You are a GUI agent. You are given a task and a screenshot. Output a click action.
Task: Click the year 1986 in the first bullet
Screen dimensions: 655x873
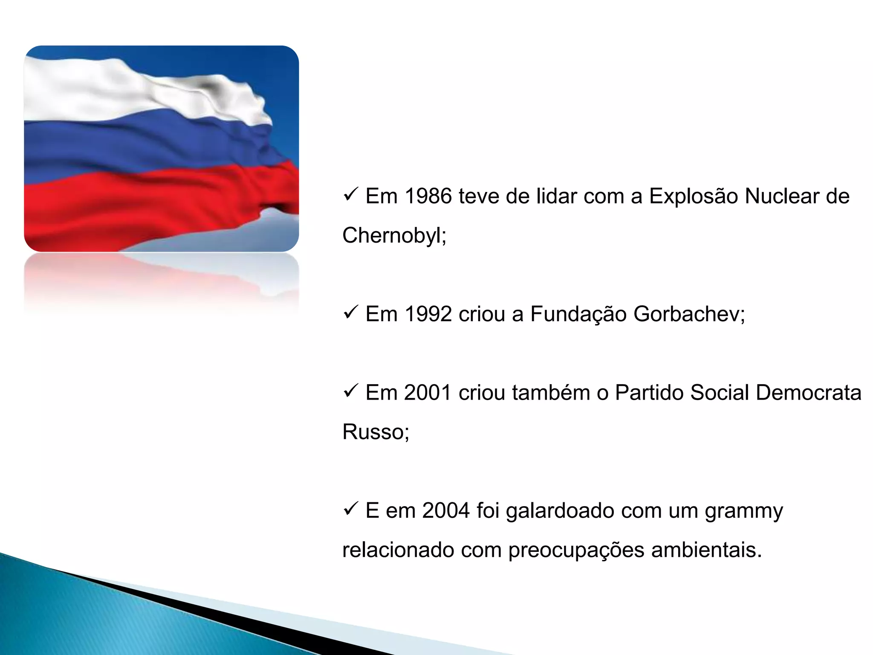pyautogui.click(x=428, y=197)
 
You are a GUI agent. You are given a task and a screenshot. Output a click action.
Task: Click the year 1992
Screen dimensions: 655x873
pyautogui.click(x=428, y=314)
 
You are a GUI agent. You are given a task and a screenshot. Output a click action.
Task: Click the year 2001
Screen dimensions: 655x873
pyautogui.click(x=428, y=393)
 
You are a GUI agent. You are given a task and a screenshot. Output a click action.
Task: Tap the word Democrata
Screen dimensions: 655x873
pyautogui.click(x=808, y=393)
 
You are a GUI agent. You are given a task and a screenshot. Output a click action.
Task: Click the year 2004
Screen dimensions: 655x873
pyautogui.click(x=446, y=510)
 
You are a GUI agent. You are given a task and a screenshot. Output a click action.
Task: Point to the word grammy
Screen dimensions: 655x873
pyautogui.click(x=743, y=511)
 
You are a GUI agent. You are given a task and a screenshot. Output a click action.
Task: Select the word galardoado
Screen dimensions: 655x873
pyautogui.click(x=560, y=511)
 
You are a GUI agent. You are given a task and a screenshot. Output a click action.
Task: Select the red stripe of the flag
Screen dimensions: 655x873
pyautogui.click(x=128, y=209)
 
